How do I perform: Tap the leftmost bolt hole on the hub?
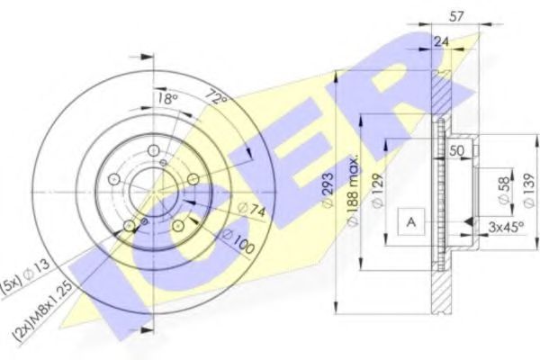[x=113, y=180]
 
